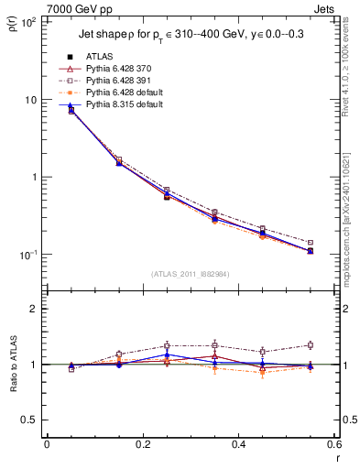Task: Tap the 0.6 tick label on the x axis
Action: (x=333, y=446)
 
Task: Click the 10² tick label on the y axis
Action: (x=27, y=22)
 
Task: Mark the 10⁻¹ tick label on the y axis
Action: (x=27, y=254)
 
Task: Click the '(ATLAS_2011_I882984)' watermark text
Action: (x=191, y=274)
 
